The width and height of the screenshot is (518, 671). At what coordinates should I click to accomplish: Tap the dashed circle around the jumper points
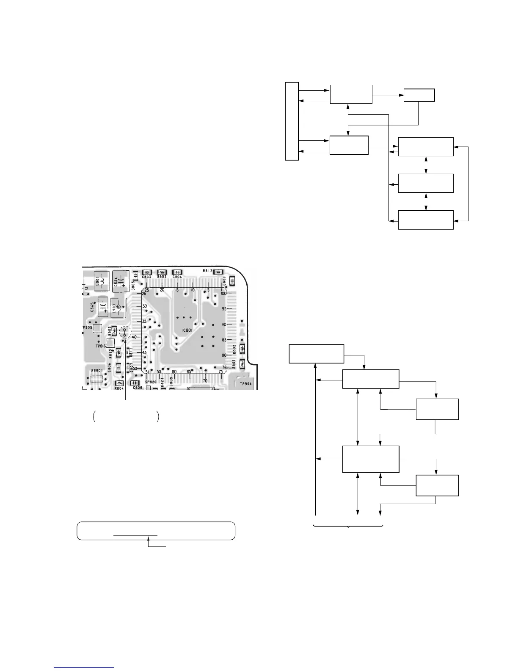coord(125,333)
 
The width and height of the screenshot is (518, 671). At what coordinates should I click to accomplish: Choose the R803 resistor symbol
coord(161,272)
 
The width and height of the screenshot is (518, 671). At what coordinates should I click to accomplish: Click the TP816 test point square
coord(110,343)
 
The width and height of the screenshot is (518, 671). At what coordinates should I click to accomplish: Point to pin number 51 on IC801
coord(146,372)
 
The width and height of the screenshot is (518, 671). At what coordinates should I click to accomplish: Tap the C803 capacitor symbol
coord(147,272)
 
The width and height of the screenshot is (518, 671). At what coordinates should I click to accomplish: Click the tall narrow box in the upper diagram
coord(292,121)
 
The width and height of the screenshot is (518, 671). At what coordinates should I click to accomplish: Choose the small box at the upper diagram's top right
coord(419,95)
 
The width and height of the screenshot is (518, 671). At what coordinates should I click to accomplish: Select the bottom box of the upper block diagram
coord(425,220)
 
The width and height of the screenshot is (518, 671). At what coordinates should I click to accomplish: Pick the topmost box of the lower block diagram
coord(316,354)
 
